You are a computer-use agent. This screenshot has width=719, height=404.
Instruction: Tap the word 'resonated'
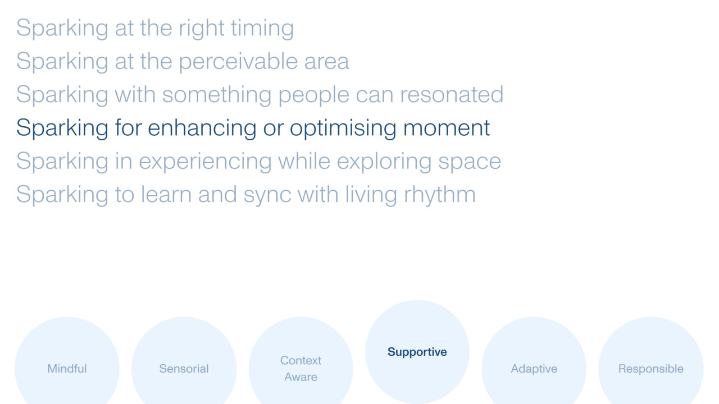452,95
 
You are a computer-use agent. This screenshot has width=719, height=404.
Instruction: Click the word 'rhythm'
440,195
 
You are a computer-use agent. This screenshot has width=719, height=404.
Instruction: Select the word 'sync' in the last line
267,195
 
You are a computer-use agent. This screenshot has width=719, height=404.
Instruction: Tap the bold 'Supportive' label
417,352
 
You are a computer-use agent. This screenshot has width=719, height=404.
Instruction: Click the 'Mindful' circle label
67,369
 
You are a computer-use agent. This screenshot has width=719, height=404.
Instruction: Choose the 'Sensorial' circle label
184,369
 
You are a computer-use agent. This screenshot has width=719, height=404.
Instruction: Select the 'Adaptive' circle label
534,369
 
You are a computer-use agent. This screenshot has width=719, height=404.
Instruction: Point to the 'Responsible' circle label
650,369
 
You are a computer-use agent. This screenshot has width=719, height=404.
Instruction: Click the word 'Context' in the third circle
301,360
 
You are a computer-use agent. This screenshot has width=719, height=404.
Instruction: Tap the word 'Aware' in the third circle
301,377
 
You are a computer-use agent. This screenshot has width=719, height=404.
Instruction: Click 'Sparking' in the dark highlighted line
62,128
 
